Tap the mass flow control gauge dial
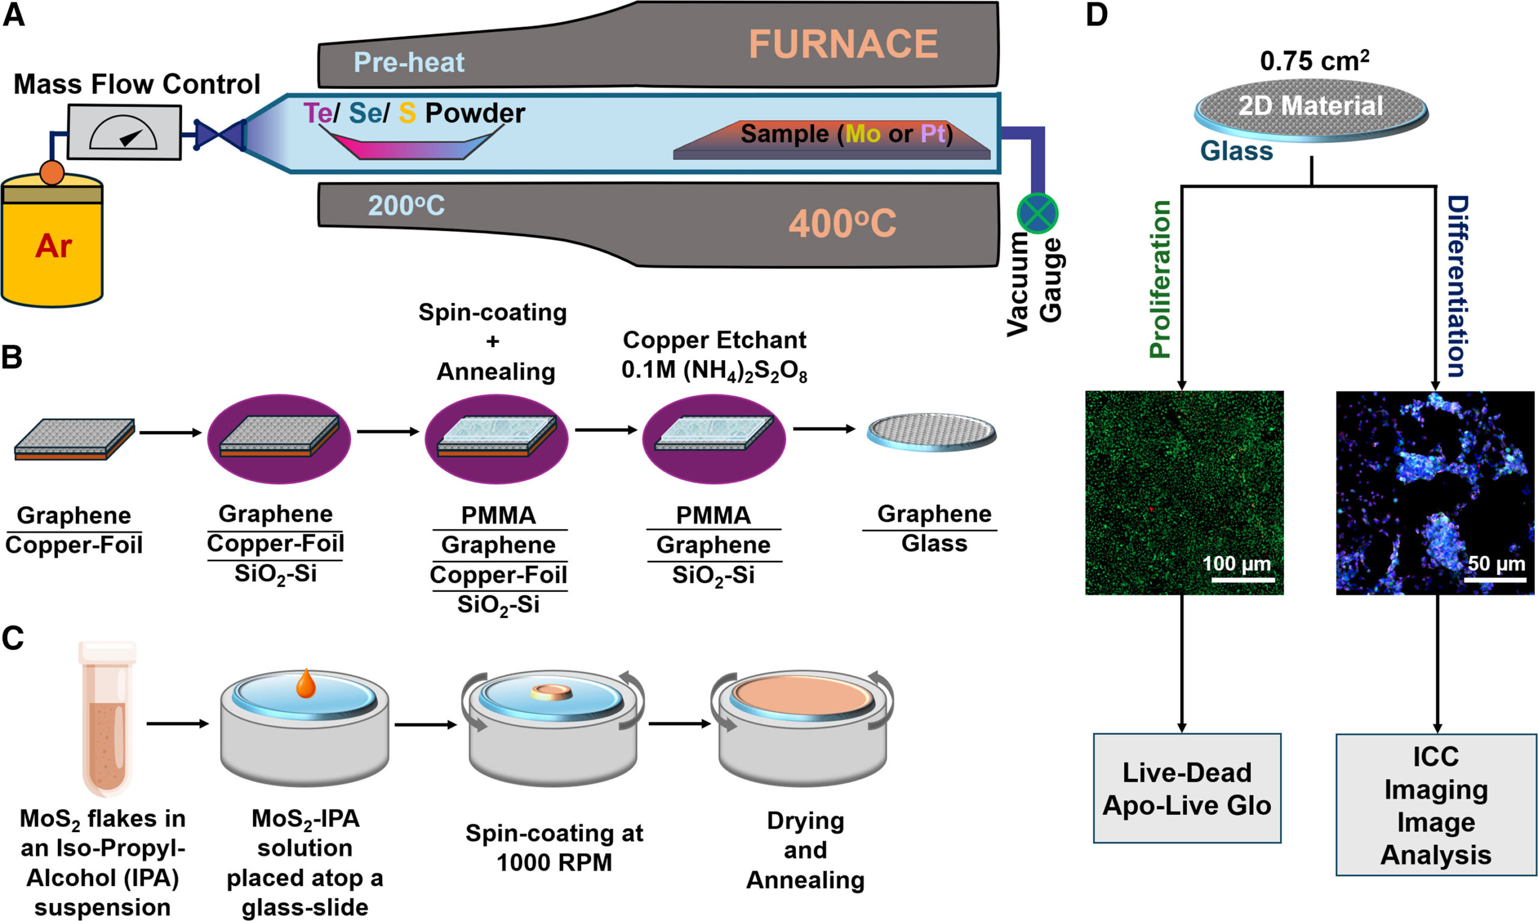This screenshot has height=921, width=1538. (124, 132)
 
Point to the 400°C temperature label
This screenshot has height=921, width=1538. (842, 223)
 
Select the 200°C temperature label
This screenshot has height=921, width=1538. (406, 205)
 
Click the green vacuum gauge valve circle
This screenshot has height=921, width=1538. (1037, 214)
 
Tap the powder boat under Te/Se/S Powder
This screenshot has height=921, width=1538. (412, 146)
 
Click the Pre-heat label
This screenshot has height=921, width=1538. (409, 62)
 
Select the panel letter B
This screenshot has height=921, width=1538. (13, 358)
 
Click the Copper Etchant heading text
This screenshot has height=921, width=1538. (714, 340)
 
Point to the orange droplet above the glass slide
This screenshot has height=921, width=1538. (305, 683)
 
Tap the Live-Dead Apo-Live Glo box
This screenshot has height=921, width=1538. (1187, 788)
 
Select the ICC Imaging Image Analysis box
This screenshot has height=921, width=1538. (1435, 805)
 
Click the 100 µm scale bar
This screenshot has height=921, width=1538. (1242, 581)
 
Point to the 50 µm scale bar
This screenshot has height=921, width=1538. (1495, 581)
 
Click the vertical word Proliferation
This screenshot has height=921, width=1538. (1160, 279)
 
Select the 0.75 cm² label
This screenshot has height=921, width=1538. (1314, 61)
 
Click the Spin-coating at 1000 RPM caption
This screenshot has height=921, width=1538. (554, 847)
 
